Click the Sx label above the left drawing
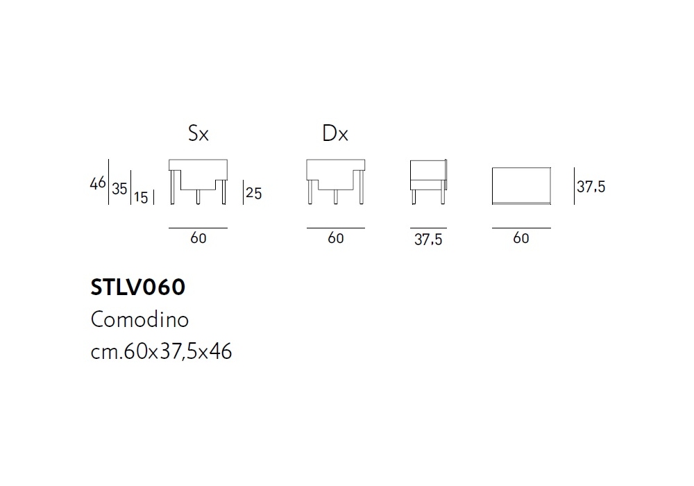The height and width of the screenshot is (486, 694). click(x=198, y=133)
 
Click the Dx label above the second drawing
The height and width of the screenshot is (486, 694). click(x=335, y=133)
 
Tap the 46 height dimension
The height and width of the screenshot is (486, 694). click(x=98, y=183)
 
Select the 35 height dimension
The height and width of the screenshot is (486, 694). click(x=119, y=189)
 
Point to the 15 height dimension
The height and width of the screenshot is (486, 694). click(x=141, y=197)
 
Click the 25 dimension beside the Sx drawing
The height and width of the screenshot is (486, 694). click(x=253, y=193)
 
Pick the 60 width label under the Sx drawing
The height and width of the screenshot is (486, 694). click(x=198, y=238)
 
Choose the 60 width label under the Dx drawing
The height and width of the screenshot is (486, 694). click(x=335, y=238)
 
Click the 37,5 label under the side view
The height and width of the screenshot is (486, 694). click(x=428, y=240)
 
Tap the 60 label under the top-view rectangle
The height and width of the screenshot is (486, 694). click(x=521, y=238)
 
